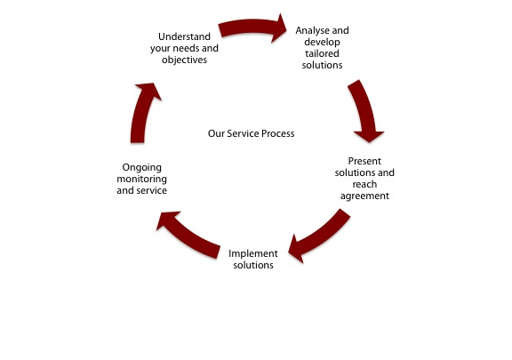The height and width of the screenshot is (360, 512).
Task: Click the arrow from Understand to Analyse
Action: pos(252,27)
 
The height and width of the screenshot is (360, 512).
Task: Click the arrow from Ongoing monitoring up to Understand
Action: pos(141,111)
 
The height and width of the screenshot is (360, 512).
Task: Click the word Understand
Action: pos(184,36)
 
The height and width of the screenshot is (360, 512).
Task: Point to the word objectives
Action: pos(184,60)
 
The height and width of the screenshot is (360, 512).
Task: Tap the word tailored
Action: pos(322,53)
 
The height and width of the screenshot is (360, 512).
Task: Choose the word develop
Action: pos(322,43)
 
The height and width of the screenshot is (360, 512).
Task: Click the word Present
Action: pos(364,161)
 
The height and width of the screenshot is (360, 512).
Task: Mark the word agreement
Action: pos(364,196)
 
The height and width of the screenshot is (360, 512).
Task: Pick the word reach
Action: pos(364,184)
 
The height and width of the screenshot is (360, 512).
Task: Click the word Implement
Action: pos(253,254)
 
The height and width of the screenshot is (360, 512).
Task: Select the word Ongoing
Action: pos(141,168)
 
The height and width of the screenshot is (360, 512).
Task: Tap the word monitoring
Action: pos(141,180)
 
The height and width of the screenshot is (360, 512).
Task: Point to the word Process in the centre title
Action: pos(278,133)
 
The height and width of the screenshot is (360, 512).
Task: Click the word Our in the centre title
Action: pos(215,133)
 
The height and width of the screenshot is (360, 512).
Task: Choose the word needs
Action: pos(186,48)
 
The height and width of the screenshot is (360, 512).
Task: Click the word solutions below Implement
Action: pos(253,265)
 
